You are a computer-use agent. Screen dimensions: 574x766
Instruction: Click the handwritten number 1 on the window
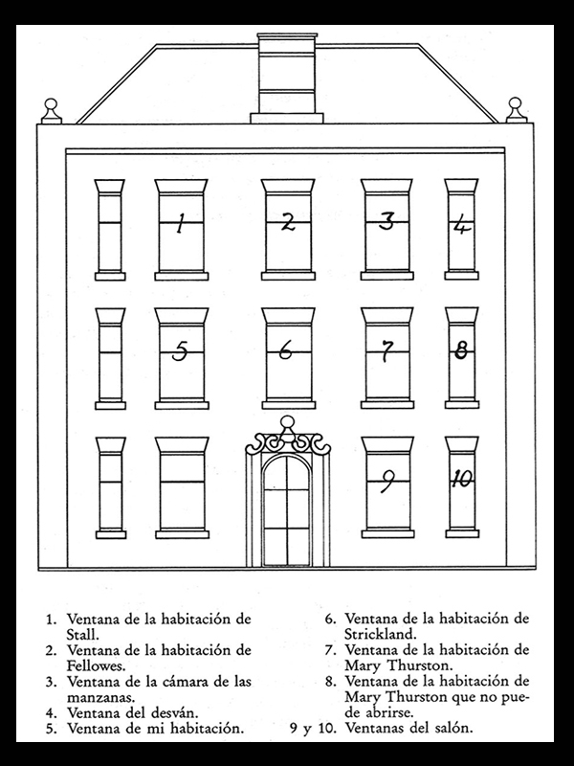180,223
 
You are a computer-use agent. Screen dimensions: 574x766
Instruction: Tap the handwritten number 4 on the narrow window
461,226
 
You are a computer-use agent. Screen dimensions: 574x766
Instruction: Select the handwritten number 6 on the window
286,349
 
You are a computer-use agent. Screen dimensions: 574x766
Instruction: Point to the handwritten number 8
461,349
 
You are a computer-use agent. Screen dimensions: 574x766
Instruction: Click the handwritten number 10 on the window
462,478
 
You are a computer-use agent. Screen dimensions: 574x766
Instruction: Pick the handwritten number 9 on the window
387,482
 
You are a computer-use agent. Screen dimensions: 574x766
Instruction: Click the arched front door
286,510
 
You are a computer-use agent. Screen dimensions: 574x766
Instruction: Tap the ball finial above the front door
288,422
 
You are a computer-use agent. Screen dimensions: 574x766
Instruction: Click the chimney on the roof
287,79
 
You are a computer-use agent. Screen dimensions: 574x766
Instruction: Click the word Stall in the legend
83,635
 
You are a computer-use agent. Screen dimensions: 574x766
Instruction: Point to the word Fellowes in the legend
97,665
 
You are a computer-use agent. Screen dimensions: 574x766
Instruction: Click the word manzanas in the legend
100,697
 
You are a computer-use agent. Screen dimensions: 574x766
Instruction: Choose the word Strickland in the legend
380,634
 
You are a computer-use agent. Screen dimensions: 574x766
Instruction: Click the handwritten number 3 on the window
386,221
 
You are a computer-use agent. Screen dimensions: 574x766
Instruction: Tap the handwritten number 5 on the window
180,350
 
